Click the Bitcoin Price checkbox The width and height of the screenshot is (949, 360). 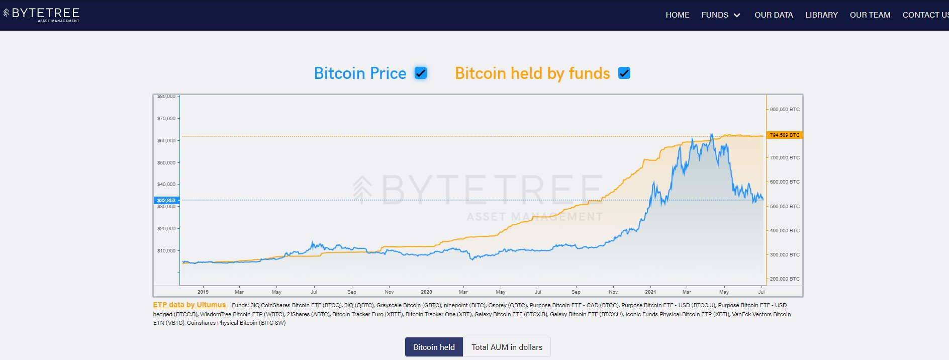tap(421, 73)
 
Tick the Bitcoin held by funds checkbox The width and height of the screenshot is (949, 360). tap(624, 73)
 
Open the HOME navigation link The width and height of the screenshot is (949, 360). tap(677, 15)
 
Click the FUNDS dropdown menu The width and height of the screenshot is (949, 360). tap(721, 15)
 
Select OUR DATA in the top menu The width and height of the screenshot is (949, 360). tap(774, 15)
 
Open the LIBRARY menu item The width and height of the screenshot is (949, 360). tap(821, 15)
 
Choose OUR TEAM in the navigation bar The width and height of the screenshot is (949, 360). tap(870, 15)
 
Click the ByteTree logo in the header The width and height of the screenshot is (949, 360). tap(41, 15)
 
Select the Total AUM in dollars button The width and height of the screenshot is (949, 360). tap(507, 347)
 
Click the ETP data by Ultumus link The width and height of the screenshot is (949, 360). tap(189, 305)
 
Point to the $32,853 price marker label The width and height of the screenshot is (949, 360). tap(166, 200)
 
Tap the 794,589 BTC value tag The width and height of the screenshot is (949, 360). tap(784, 135)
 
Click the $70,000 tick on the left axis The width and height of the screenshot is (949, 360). tap(166, 119)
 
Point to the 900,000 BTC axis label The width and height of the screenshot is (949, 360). tap(785, 109)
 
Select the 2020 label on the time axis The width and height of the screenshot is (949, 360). tap(426, 292)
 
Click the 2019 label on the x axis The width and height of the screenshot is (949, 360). tap(203, 292)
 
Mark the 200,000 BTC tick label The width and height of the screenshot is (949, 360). tap(785, 279)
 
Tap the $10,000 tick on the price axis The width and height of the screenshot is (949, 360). tap(166, 250)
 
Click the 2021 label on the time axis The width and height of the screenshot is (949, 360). tap(650, 292)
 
